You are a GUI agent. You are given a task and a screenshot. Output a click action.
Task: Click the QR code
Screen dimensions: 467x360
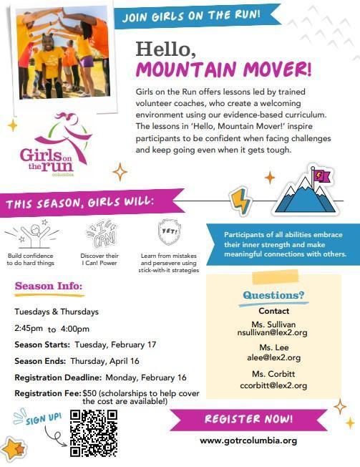click(93, 433)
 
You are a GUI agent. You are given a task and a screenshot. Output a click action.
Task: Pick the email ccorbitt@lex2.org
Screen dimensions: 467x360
click(273, 385)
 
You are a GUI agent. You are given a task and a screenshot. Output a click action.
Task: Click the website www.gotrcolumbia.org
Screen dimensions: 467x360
click(248, 440)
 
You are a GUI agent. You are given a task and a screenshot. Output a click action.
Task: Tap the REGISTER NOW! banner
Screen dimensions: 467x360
click(248, 418)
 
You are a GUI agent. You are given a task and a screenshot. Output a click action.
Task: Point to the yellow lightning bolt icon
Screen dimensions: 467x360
click(240, 201)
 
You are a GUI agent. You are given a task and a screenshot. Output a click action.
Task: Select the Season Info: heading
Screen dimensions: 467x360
click(49, 288)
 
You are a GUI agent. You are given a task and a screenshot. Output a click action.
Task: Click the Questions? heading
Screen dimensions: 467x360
click(273, 295)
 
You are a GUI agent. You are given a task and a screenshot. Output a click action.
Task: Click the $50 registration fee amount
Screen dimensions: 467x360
click(89, 393)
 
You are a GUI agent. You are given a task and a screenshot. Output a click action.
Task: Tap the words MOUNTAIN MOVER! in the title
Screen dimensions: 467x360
click(224, 72)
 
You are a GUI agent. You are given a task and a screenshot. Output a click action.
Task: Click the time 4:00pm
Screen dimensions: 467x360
click(75, 329)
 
